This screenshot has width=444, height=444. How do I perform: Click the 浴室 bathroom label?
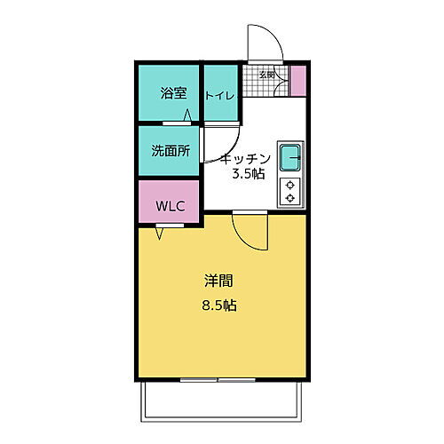pos(172,93)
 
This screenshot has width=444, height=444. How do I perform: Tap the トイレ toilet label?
pos(220,95)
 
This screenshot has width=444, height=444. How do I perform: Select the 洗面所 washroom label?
pos(170,151)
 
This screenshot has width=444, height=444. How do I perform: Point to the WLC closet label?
pos(170,206)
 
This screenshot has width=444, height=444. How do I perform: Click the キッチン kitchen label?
pos(245,158)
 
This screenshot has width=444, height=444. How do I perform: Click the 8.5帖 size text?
pos(218,305)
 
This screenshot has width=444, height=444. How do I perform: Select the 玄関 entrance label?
pos(266,75)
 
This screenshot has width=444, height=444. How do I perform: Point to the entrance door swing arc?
pos(264,44)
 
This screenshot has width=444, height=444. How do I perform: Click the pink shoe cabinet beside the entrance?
pos(298,81)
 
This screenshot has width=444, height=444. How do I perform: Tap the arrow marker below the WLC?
pos(160,234)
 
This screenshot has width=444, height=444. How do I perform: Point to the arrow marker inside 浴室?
pos(188,115)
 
